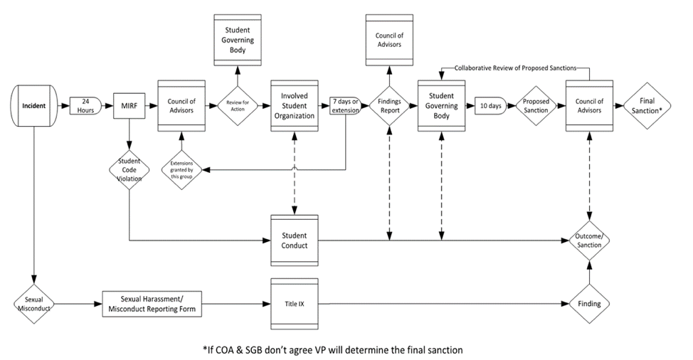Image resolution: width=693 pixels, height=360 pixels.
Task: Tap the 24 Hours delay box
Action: [85, 107]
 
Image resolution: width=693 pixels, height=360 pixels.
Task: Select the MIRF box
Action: [129, 107]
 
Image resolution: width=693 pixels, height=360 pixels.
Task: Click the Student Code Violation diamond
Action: [129, 169]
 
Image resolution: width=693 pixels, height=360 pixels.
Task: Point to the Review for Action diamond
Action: [238, 107]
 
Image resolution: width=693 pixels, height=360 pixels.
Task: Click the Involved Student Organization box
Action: [293, 107]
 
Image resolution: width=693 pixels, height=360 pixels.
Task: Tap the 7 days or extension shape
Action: [346, 107]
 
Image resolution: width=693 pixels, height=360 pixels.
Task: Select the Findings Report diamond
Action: [388, 107]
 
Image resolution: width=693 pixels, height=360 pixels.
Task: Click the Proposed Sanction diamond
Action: [536, 107]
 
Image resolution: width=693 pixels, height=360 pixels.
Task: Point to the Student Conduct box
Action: [293, 241]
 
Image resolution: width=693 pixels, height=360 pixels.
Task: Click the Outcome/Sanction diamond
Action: [589, 240]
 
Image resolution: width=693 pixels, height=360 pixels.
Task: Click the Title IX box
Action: [293, 303]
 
